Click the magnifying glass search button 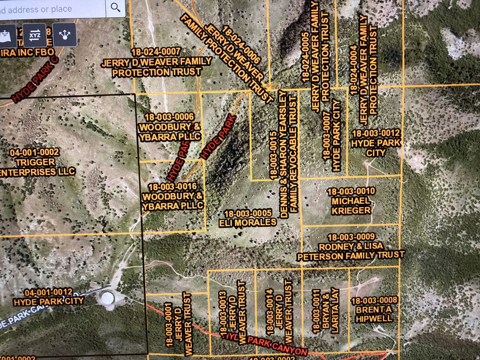click(x=115, y=7)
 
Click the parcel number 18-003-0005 click(x=248, y=214)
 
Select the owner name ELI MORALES click(x=247, y=223)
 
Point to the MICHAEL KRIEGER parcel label click(x=352, y=206)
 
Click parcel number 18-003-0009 click(x=351, y=237)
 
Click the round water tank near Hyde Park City click(x=107, y=298)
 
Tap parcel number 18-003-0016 click(x=173, y=186)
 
